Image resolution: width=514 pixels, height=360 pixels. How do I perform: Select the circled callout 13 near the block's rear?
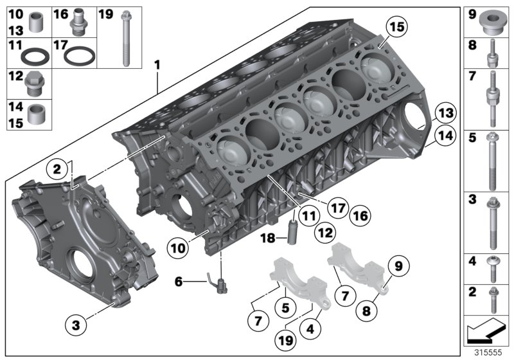[x=443, y=114]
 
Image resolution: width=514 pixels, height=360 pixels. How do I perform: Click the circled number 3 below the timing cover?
[x=76, y=325]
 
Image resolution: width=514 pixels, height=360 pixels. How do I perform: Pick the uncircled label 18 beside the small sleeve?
[x=268, y=238]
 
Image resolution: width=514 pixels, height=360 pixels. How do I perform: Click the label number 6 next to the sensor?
[x=179, y=280]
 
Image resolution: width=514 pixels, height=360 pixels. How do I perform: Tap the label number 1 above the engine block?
[x=156, y=65]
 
